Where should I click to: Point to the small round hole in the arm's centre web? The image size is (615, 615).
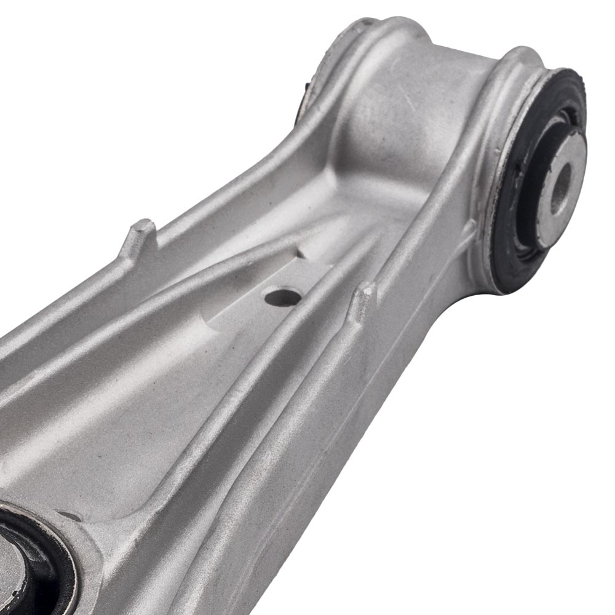click(x=283, y=297)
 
